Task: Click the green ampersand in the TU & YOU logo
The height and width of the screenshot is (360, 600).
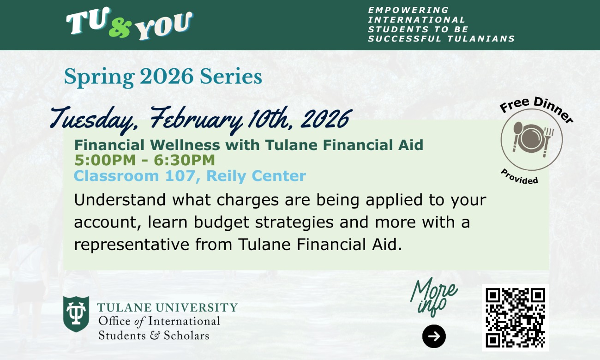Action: (x=120, y=28)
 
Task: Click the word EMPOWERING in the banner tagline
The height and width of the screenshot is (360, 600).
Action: (x=402, y=10)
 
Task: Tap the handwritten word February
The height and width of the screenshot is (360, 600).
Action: (x=196, y=119)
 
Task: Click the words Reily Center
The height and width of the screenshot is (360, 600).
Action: (x=256, y=176)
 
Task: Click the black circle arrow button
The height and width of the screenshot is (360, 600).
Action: (x=434, y=336)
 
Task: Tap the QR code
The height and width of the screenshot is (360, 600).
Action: (x=515, y=317)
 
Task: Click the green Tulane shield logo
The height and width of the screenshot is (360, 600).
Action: (x=76, y=314)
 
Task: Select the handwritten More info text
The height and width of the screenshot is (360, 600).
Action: (x=432, y=297)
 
